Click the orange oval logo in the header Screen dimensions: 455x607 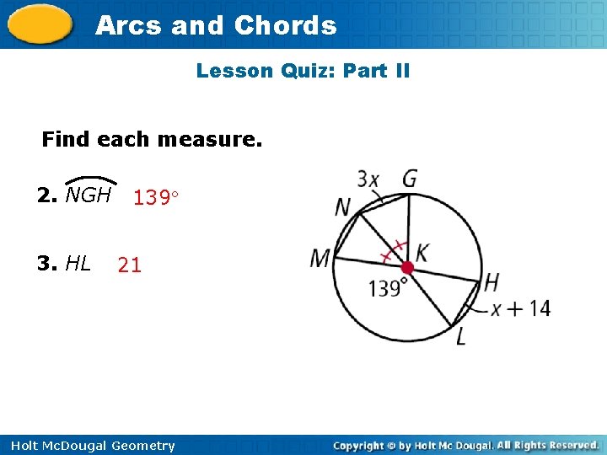(x=40, y=24)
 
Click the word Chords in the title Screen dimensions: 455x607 (x=285, y=25)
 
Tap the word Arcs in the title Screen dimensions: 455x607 (x=129, y=25)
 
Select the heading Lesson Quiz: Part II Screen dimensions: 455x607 (x=303, y=71)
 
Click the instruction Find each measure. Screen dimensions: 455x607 (x=152, y=138)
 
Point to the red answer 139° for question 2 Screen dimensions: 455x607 (x=157, y=198)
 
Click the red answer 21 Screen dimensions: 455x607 (x=130, y=265)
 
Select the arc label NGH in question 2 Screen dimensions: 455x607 (x=89, y=195)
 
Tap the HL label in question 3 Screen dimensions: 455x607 (x=78, y=264)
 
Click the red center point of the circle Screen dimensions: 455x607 (x=406, y=268)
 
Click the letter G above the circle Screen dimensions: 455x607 (x=409, y=179)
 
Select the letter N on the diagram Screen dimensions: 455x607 (x=343, y=207)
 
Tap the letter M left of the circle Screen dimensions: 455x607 (x=320, y=259)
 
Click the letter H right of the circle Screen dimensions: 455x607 (x=492, y=281)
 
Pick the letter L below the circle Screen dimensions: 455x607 (x=460, y=337)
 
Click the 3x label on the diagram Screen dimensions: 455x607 (x=368, y=179)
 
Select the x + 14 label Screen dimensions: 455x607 (x=521, y=308)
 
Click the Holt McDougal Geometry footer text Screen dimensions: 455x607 (x=91, y=446)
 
